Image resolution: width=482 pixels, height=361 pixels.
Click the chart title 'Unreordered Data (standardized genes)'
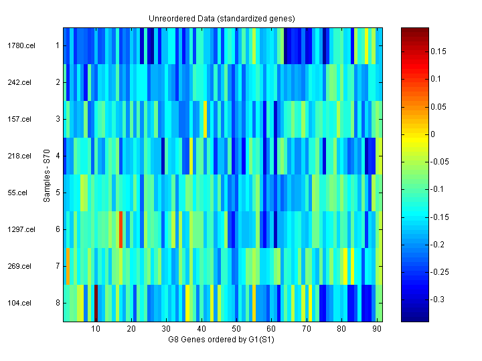(222, 18)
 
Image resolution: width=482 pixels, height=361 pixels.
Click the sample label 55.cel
(18, 193)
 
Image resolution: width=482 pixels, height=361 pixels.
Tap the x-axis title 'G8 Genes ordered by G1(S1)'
(222, 340)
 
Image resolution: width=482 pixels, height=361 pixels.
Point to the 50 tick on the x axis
(236, 329)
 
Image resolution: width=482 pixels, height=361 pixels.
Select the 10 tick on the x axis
(96, 329)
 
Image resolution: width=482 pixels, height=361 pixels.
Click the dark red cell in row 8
(96, 303)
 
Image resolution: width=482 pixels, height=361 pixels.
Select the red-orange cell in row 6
(120, 229)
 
